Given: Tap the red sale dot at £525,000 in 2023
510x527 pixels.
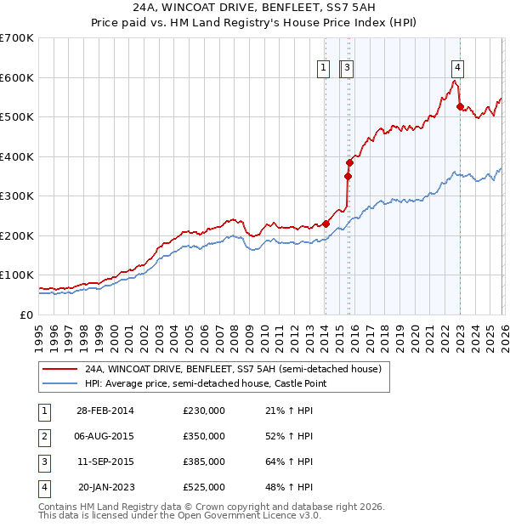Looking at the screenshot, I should (460, 107).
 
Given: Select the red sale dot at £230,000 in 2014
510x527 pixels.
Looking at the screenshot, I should (326, 224).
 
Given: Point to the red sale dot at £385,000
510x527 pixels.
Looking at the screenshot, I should (349, 162).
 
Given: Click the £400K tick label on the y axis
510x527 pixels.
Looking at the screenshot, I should (17, 156).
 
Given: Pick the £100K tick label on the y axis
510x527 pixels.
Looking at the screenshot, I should (17, 275).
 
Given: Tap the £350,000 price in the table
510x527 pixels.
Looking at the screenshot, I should (203, 436).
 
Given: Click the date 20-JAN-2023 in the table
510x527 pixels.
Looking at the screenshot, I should (105, 487).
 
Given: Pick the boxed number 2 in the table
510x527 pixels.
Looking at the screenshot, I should (42, 436).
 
